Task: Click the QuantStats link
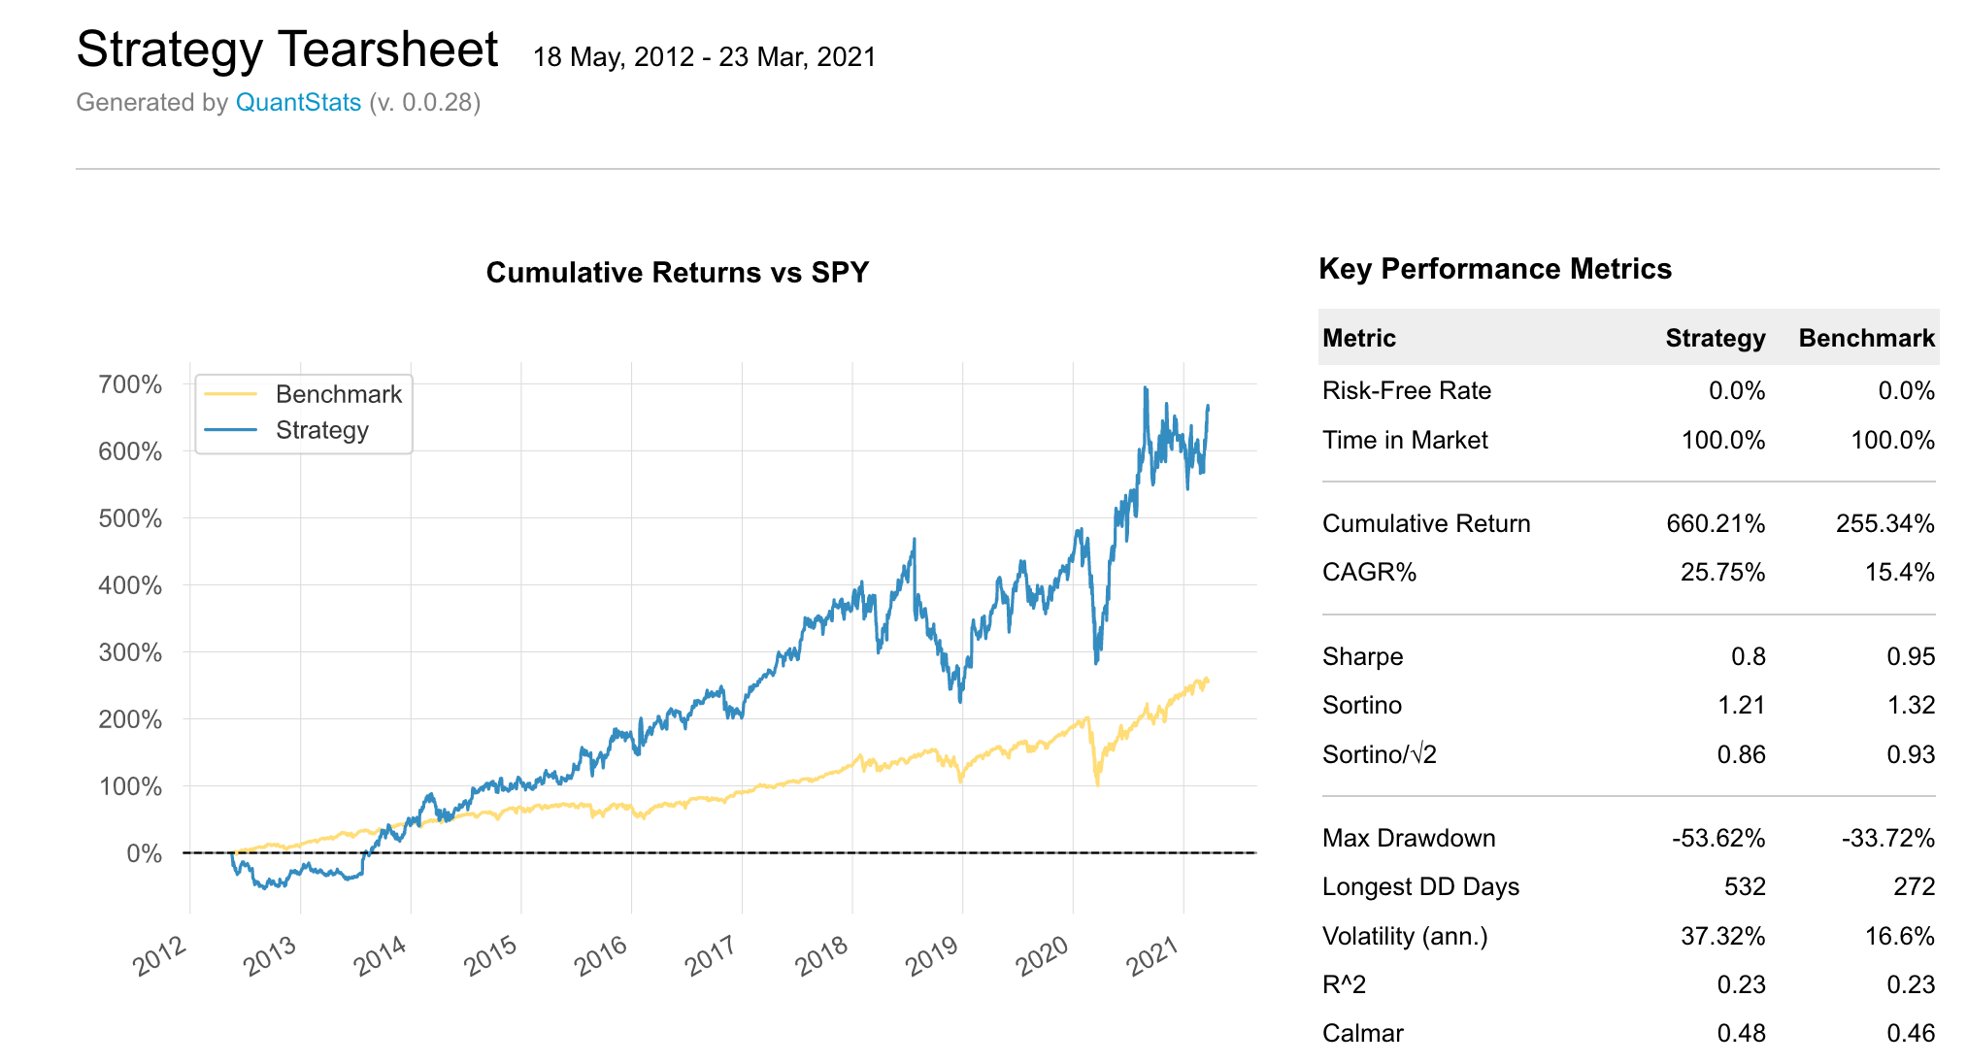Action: (298, 103)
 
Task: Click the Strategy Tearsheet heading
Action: (286, 50)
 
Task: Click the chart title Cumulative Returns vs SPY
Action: (677, 273)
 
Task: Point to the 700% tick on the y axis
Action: (130, 384)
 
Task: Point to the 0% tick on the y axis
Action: (144, 853)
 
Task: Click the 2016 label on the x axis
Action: (601, 955)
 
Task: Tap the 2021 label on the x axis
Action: (1152, 955)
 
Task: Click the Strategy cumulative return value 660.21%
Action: (1715, 523)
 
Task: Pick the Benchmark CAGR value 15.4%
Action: (1899, 572)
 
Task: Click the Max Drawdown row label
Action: (1408, 838)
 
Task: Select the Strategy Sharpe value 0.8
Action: (1748, 656)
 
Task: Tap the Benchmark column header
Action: (1865, 338)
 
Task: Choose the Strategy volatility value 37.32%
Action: (1722, 936)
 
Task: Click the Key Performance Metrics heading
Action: (1494, 269)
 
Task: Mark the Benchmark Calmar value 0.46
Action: (1910, 1033)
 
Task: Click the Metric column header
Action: (1358, 338)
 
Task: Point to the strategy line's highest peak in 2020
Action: (1146, 389)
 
